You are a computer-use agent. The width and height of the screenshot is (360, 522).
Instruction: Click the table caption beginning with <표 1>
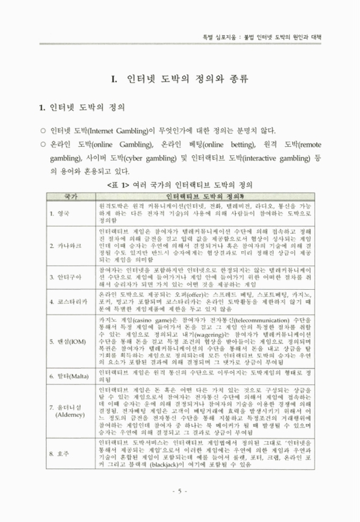[181, 185]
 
